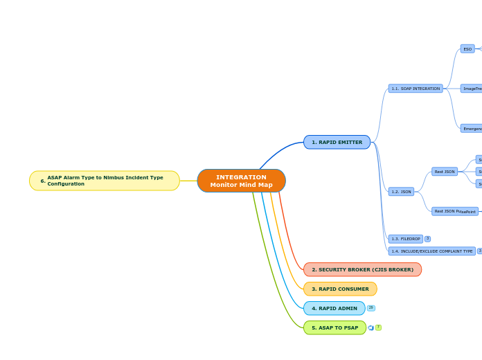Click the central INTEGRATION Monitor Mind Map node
click(x=241, y=181)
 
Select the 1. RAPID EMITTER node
click(x=337, y=142)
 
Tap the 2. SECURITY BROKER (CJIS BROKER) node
click(x=362, y=269)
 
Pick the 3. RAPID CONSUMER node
click(x=340, y=289)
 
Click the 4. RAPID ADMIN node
click(x=334, y=308)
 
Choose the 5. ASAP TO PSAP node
click(x=334, y=327)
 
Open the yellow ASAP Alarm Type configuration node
click(x=105, y=181)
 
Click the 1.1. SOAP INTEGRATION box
click(x=416, y=89)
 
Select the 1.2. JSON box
click(x=401, y=192)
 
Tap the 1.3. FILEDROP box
click(x=405, y=239)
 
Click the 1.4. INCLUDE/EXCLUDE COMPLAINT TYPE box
click(x=431, y=251)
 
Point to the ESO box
click(x=467, y=49)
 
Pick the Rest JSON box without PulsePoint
click(x=445, y=172)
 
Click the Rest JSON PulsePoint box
click(x=455, y=211)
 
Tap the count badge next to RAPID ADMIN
click(x=371, y=308)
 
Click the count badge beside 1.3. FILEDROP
click(x=427, y=239)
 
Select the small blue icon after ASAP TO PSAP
click(x=371, y=327)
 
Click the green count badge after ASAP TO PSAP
click(x=378, y=327)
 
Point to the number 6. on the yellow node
click(x=43, y=181)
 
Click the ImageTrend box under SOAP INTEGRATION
click(x=472, y=89)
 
